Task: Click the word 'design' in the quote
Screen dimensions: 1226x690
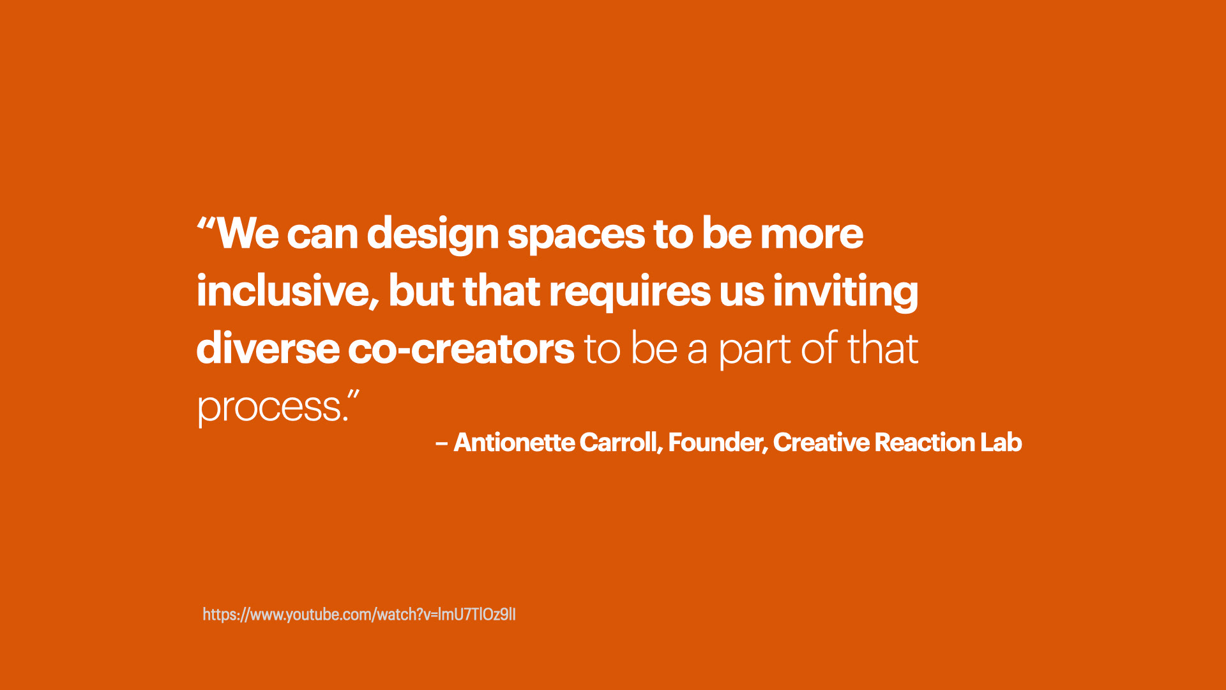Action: point(432,235)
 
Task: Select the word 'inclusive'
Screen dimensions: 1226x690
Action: point(283,291)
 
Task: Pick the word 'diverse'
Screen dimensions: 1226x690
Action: point(268,349)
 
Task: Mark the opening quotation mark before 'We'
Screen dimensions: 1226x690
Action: point(206,224)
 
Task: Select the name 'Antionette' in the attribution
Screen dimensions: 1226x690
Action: point(514,443)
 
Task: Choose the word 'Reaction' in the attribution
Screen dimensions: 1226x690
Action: point(925,443)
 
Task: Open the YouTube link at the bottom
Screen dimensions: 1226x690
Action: point(359,615)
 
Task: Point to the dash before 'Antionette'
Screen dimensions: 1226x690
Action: point(441,443)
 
